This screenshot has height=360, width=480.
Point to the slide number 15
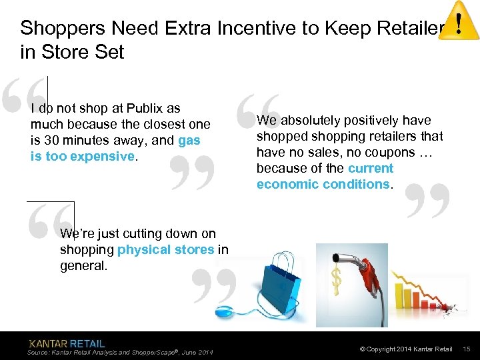tap(467, 349)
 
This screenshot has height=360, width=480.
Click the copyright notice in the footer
tap(406, 349)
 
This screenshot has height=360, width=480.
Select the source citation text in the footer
tap(120, 353)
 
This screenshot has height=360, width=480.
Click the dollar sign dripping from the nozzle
tap(337, 280)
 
